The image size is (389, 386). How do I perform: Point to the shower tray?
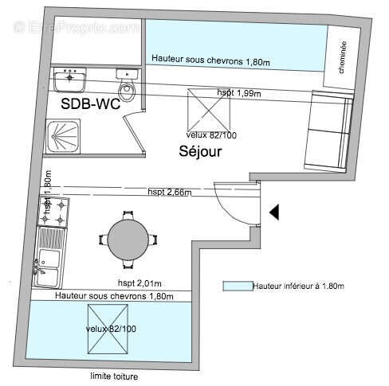(x=62, y=136)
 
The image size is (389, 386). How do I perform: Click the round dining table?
(x=128, y=239)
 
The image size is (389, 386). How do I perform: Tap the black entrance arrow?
(x=273, y=212)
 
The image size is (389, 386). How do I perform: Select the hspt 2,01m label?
(x=140, y=283)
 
